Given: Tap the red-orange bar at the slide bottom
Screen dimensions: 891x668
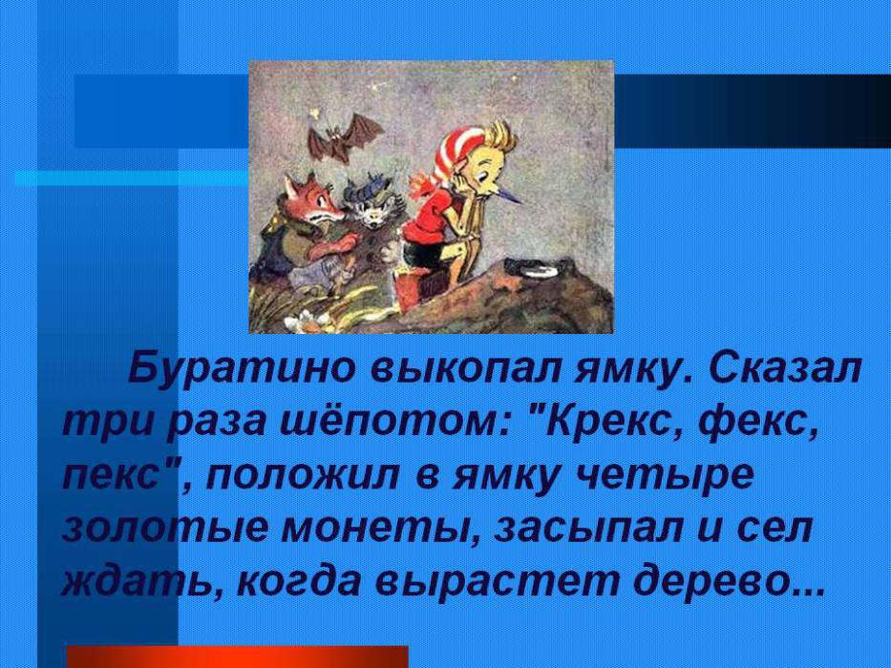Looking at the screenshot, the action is (x=238, y=657).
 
